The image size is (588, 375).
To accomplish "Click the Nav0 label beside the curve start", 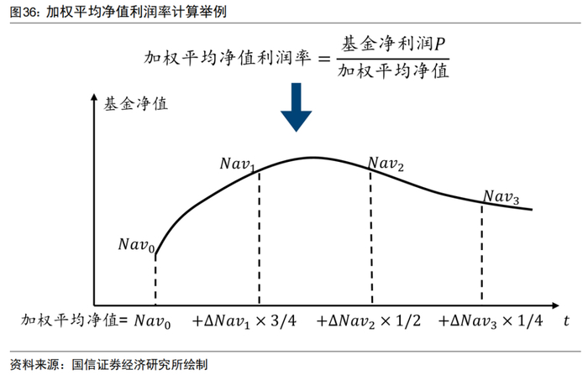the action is pyautogui.click(x=135, y=245).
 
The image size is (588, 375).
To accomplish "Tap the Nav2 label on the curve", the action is pyautogui.click(x=387, y=164).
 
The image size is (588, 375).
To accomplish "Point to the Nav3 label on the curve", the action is pyautogui.click(x=501, y=197).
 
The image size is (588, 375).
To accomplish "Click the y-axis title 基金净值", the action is pyautogui.click(x=135, y=105).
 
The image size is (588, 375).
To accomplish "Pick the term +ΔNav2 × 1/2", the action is pyautogui.click(x=370, y=320).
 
